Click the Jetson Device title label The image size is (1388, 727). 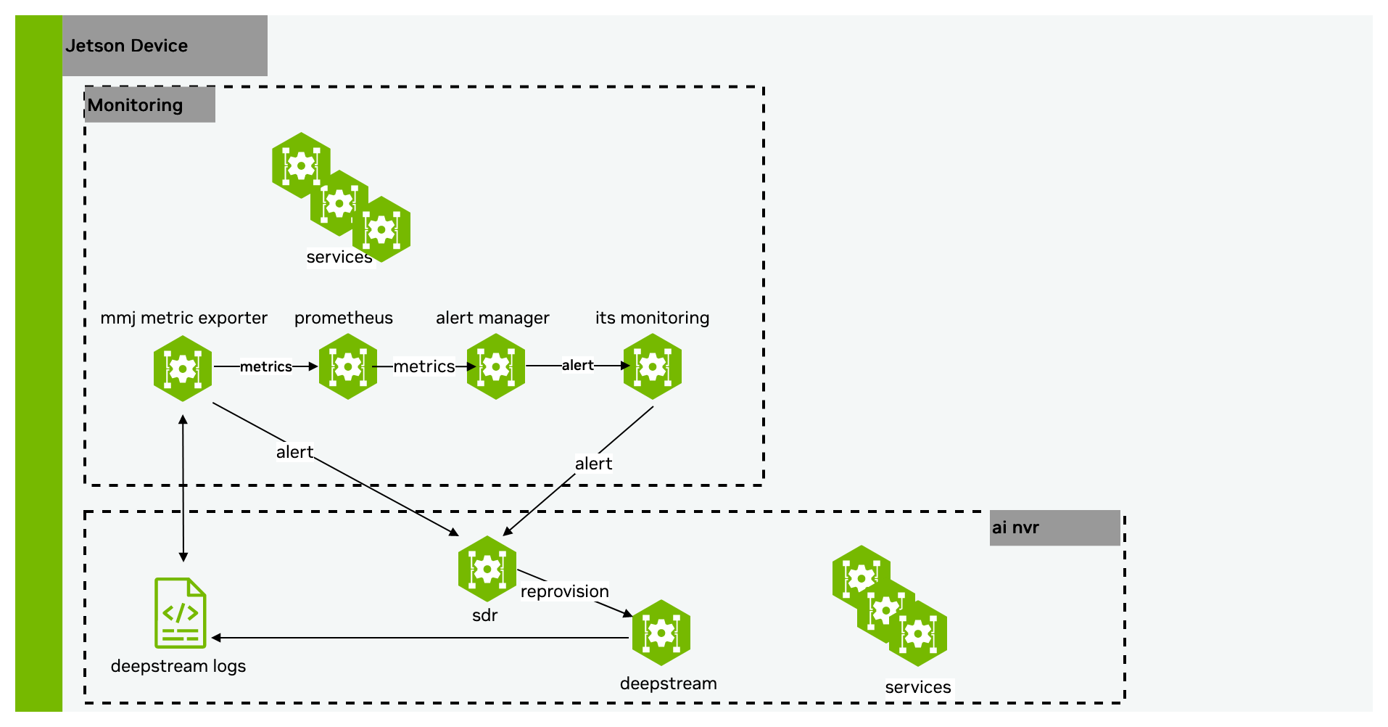[127, 46]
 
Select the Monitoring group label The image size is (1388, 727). [136, 105]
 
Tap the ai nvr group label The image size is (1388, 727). [1015, 527]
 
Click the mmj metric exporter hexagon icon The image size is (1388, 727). [183, 368]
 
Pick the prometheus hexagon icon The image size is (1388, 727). [348, 366]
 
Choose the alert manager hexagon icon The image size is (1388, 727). [496, 366]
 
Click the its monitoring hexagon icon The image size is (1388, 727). [653, 366]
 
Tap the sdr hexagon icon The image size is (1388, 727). [487, 569]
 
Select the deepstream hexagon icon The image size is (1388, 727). [661, 633]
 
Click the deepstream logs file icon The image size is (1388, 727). [181, 613]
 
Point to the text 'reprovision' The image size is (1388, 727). [565, 591]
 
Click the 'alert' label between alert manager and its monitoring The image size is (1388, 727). [578, 366]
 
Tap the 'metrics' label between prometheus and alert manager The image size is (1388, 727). [424, 366]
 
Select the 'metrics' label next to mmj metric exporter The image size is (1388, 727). [266, 367]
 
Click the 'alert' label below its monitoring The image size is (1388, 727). [593, 464]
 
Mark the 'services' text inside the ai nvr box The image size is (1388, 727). [918, 687]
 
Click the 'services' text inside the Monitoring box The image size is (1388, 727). [339, 257]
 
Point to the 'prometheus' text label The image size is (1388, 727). [344, 318]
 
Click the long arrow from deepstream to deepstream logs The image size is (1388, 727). [421, 638]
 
